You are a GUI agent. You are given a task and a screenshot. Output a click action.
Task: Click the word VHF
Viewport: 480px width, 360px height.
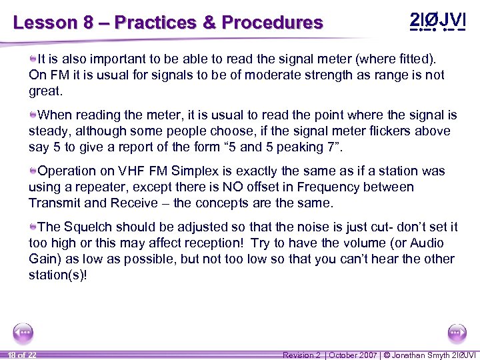(124, 171)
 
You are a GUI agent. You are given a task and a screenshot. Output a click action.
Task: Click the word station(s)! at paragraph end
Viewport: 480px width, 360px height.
(57, 275)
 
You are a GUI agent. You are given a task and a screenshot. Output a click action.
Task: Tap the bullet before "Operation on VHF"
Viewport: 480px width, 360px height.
(33, 171)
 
